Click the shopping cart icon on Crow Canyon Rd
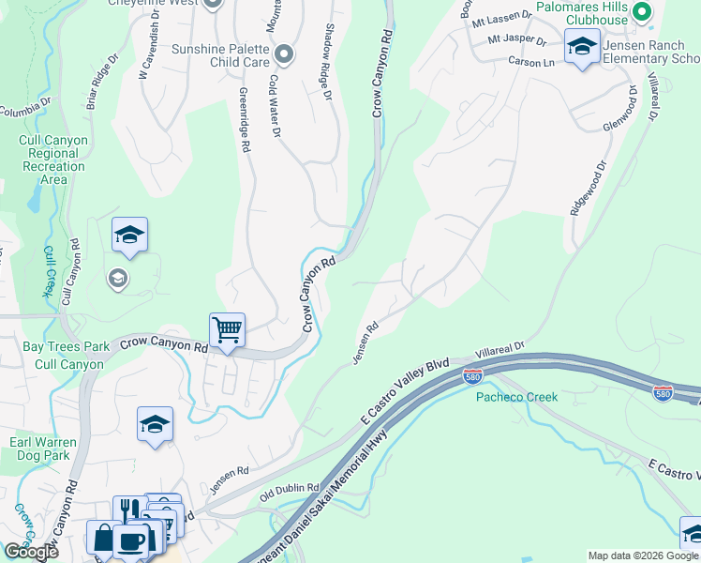click(x=227, y=330)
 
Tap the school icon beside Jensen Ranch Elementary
click(x=582, y=46)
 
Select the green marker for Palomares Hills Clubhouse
click(x=641, y=12)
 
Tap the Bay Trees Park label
click(x=52, y=346)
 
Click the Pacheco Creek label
click(x=515, y=397)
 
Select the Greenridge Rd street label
click(x=245, y=120)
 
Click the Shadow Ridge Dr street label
click(x=329, y=64)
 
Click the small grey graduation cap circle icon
click(x=118, y=278)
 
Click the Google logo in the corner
click(x=31, y=552)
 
